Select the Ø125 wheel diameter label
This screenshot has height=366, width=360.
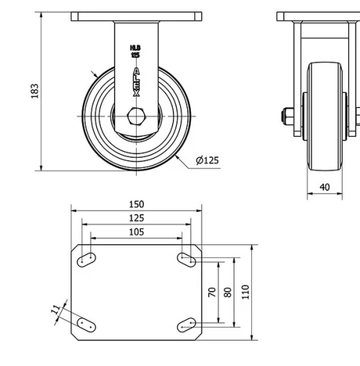pos(207,160)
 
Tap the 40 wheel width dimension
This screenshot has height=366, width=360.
pos(325,187)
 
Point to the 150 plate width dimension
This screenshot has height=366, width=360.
pos(136,205)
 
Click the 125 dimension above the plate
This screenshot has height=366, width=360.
pos(136,218)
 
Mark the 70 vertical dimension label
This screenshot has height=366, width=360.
pos(212,292)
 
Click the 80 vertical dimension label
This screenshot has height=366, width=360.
pos(228,292)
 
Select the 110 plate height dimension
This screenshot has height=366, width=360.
pos(246,292)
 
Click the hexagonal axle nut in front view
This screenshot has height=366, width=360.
pos(136,116)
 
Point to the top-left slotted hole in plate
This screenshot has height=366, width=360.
pos(87,258)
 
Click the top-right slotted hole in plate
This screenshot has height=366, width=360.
pos(186,258)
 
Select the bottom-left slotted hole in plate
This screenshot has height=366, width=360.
pos(87,325)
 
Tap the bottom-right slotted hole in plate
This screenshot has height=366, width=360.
pos(186,325)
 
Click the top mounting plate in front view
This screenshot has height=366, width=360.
pos(136,17)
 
